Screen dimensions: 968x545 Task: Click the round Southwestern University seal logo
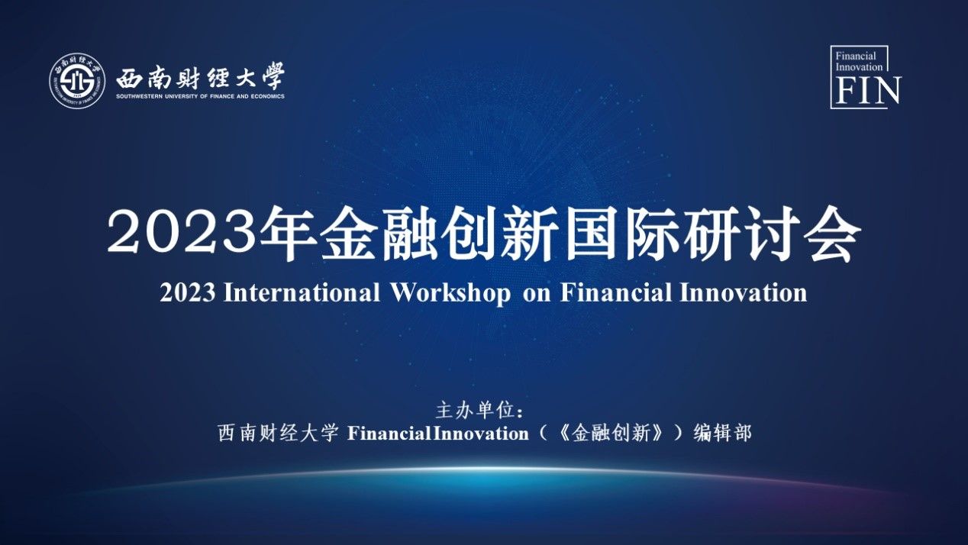tap(77, 80)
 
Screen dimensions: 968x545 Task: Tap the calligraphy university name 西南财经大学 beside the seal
tap(201, 77)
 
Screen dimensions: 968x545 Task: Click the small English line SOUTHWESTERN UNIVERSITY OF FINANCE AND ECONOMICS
tap(200, 96)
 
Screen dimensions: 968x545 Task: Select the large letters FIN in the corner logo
tap(868, 91)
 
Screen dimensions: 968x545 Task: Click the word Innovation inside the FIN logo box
tap(859, 67)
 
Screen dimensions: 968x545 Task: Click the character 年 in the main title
tap(289, 234)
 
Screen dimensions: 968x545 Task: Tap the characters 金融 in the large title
tap(379, 234)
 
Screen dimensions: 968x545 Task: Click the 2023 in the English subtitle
tap(187, 292)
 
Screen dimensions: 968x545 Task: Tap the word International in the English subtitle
tap(302, 292)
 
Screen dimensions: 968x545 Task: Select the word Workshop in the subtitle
tap(450, 293)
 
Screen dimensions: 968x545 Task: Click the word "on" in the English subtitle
tap(537, 295)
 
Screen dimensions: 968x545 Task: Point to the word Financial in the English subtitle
tap(616, 292)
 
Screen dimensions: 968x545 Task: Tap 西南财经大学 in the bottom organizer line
tap(278, 433)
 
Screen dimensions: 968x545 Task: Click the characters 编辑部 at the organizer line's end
tap(722, 433)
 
